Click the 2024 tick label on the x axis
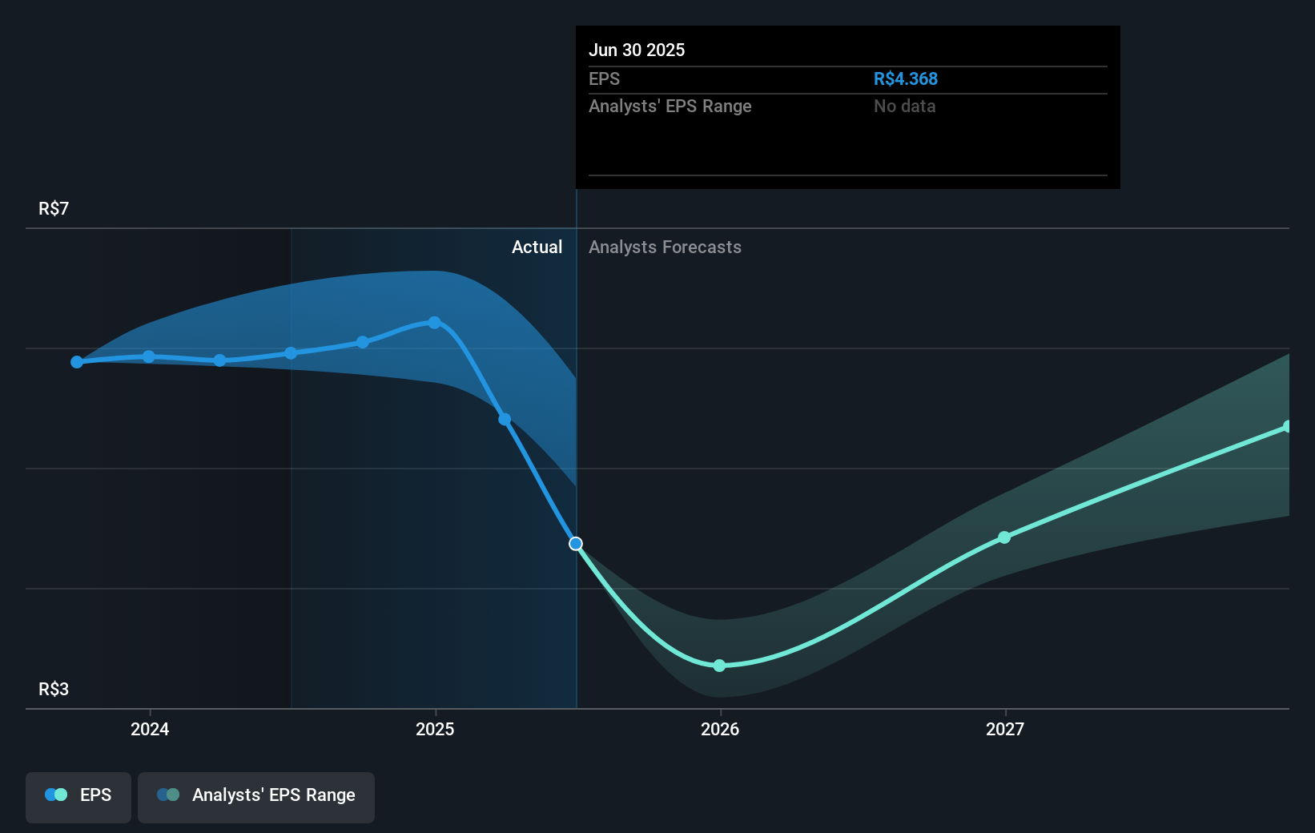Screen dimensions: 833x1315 click(x=150, y=729)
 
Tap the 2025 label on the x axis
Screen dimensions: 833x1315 click(x=435, y=729)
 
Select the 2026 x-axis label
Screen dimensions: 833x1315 click(x=720, y=729)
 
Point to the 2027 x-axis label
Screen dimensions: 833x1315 click(x=1005, y=729)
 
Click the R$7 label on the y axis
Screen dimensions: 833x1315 click(x=54, y=209)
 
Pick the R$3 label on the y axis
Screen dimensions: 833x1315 click(x=54, y=690)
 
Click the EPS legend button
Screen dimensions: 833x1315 click(x=78, y=795)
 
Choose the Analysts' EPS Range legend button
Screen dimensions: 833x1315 click(x=256, y=795)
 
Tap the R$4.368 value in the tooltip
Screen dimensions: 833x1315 click(x=905, y=79)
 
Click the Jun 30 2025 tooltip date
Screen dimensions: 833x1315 click(x=637, y=50)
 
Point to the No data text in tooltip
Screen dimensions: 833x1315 click(x=904, y=107)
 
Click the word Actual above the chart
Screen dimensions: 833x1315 click(x=537, y=247)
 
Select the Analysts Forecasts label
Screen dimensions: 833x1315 click(x=665, y=247)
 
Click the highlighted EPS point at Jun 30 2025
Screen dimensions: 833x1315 click(x=576, y=544)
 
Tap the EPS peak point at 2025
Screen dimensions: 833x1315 click(x=434, y=323)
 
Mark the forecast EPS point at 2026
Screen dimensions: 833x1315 click(x=719, y=666)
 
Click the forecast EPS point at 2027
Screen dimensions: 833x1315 click(x=1004, y=537)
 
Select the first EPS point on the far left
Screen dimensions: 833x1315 click(x=77, y=362)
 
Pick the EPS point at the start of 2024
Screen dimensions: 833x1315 click(x=149, y=356)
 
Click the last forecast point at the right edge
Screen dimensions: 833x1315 click(x=1287, y=427)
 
